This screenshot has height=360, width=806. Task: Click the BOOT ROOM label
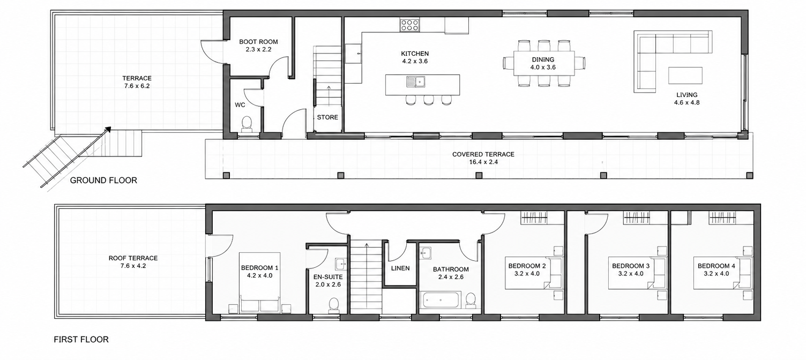click(258, 42)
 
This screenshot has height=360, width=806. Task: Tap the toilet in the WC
click(247, 124)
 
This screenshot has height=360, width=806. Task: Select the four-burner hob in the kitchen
click(409, 25)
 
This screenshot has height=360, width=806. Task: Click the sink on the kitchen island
click(416, 81)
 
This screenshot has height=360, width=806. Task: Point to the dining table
click(544, 63)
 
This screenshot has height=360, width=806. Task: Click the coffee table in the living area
click(685, 76)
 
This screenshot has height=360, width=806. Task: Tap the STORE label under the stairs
click(327, 117)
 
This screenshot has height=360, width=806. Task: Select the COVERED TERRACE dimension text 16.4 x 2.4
click(483, 162)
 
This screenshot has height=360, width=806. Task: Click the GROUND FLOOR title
click(103, 181)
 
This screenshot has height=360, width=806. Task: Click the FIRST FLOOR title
click(81, 340)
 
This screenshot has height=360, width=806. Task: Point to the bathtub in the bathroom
click(440, 301)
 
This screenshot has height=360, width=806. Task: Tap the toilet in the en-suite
click(334, 305)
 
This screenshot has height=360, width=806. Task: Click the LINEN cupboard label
click(400, 268)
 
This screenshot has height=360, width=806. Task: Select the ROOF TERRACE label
click(133, 258)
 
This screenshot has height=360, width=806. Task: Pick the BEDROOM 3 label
click(631, 266)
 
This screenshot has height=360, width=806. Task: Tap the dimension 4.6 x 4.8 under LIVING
click(687, 102)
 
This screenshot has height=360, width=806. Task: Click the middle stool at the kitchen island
click(428, 100)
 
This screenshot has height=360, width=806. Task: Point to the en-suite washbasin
click(340, 264)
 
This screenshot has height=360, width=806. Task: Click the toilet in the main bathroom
click(471, 301)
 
